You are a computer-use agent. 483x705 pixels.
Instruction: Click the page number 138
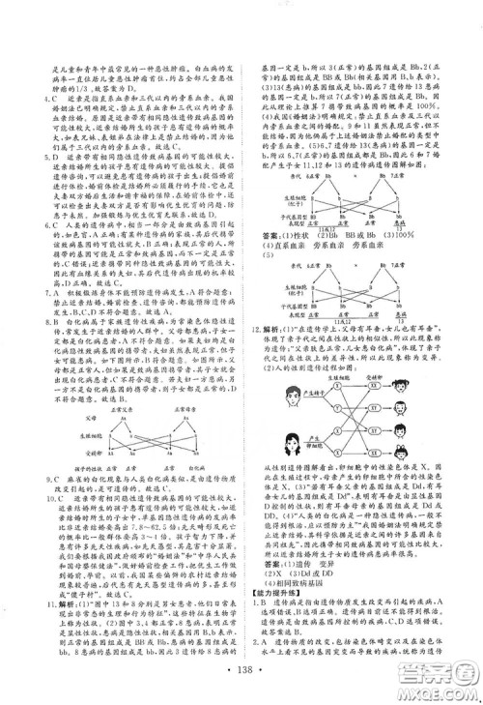pos(241,671)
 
